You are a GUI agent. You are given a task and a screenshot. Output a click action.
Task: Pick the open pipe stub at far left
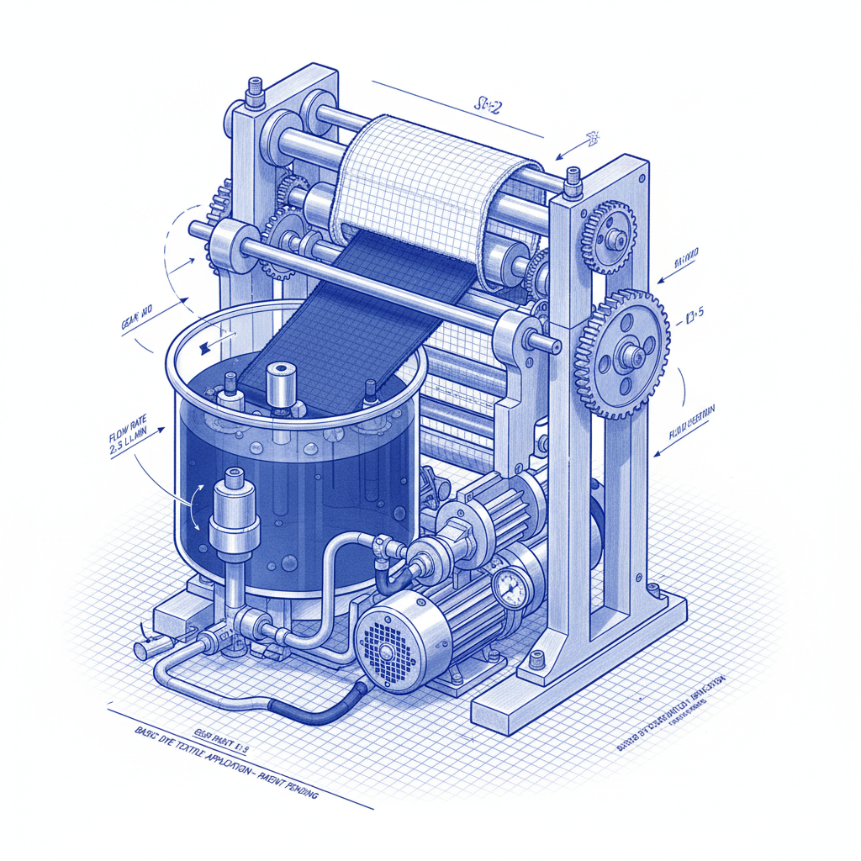tap(143, 648)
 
